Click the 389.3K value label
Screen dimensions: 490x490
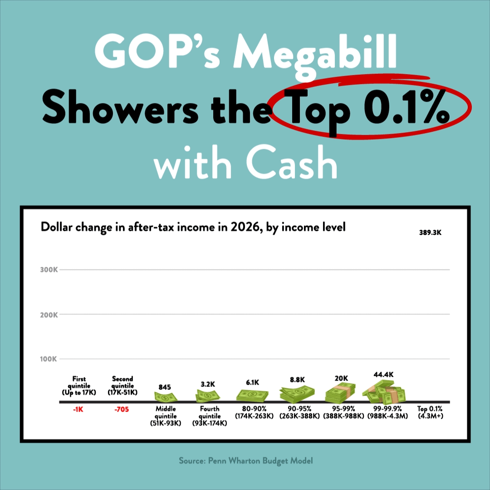coord(430,233)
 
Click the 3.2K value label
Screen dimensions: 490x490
coord(208,384)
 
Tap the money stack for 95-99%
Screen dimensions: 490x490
coord(340,393)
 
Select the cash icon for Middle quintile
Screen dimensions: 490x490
coord(165,397)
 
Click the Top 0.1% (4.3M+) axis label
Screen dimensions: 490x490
coord(429,412)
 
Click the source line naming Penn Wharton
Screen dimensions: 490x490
coord(245,461)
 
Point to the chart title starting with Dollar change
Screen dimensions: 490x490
coord(193,227)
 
